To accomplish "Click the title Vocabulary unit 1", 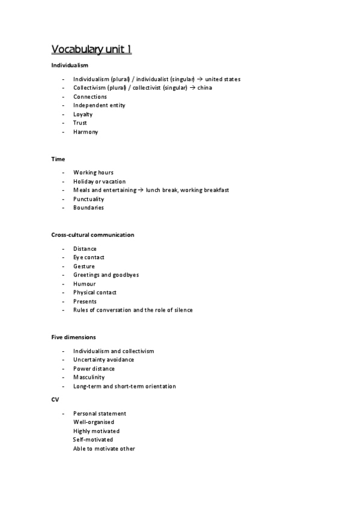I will tap(91, 49).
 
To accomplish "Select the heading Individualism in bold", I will tap(70, 65).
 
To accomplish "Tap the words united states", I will tap(223, 79).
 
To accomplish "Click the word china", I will tap(205, 88).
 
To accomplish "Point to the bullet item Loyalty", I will tap(83, 114).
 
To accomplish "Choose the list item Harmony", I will tap(85, 132).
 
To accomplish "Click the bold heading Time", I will tap(58, 159).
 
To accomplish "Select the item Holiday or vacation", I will tap(99, 182).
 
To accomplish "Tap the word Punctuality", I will tap(88, 199).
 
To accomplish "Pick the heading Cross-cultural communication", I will tap(93, 235).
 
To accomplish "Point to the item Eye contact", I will tap(89, 257).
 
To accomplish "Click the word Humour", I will tap(85, 284).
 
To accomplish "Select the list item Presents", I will tap(85, 301).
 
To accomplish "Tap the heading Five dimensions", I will tap(73, 337).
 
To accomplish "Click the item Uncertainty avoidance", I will tap(103, 360).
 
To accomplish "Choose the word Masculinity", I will tap(89, 377).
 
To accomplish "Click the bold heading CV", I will tap(55, 399).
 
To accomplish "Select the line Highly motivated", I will tap(96, 431).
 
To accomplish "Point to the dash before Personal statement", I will tap(63, 414).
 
